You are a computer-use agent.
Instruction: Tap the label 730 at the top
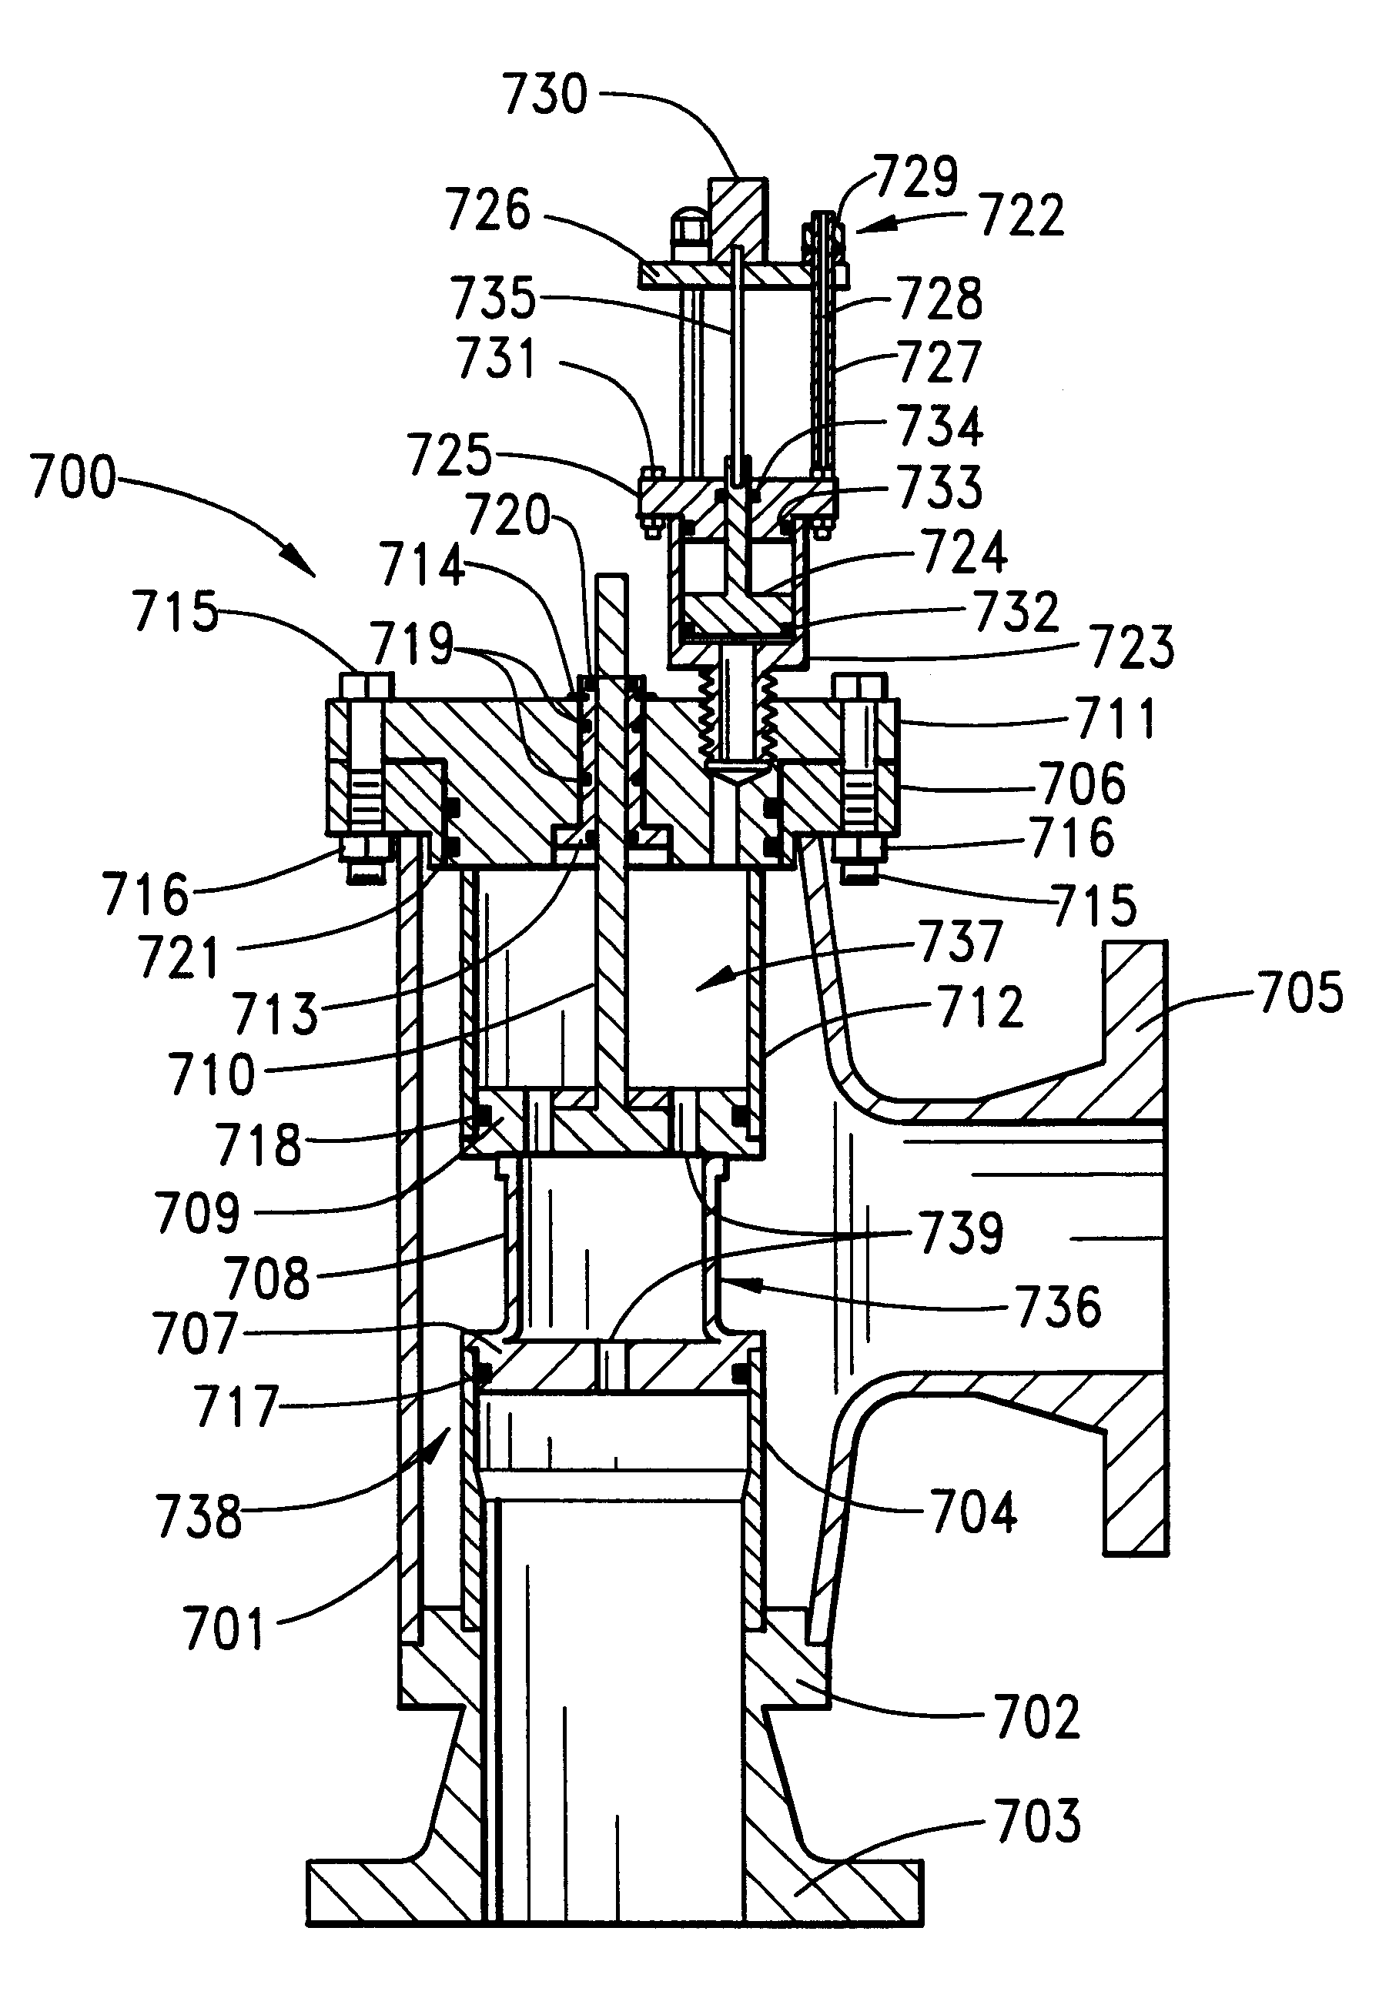pos(546,94)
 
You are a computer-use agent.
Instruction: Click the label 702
pos(1036,1716)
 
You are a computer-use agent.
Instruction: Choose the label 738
pos(199,1516)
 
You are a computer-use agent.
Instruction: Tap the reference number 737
pos(960,941)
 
